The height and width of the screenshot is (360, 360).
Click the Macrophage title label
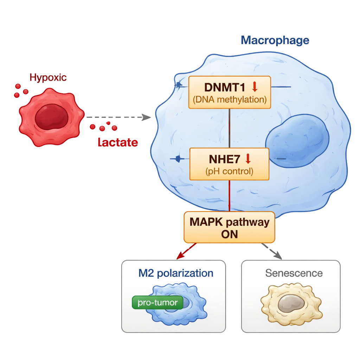pos(275,40)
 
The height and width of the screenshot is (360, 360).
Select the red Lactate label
pos(118,142)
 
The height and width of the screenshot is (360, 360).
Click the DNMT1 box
pos(230,92)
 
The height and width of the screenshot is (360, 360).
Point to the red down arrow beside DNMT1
pos(255,86)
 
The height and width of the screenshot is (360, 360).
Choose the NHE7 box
pos(229,164)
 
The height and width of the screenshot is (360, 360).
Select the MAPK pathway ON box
pos(229,227)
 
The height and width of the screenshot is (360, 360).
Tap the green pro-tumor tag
pos(157,303)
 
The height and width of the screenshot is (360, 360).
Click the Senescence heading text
pos(294,273)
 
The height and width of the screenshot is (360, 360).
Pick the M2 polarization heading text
pos(176,273)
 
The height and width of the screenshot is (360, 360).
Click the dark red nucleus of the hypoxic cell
pos(51,118)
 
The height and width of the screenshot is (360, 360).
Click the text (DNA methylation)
pos(230,99)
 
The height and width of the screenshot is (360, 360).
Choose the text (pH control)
pos(229,172)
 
